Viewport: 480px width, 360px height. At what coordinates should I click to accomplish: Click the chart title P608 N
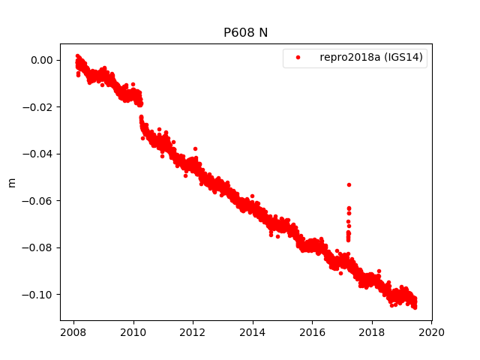[246, 32]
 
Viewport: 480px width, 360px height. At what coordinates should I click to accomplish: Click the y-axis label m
[11, 182]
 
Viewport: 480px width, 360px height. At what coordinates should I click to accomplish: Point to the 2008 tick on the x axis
[73, 332]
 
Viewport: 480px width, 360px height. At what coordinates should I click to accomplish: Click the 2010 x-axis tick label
[133, 332]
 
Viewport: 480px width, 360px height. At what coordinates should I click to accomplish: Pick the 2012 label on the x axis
[193, 332]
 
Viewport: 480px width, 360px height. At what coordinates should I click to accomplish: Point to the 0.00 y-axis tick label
[41, 60]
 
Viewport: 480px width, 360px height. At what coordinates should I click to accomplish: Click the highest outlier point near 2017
[349, 184]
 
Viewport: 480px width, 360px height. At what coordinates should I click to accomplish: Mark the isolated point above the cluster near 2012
[195, 148]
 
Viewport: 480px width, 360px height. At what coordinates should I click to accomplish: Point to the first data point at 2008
[77, 56]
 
